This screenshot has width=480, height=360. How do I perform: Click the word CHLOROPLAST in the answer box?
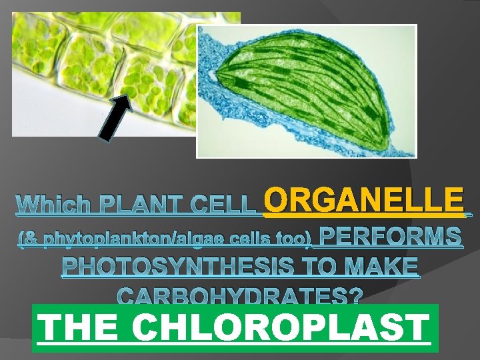coord(280,328)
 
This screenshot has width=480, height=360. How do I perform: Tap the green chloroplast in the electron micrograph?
coord(313,93)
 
